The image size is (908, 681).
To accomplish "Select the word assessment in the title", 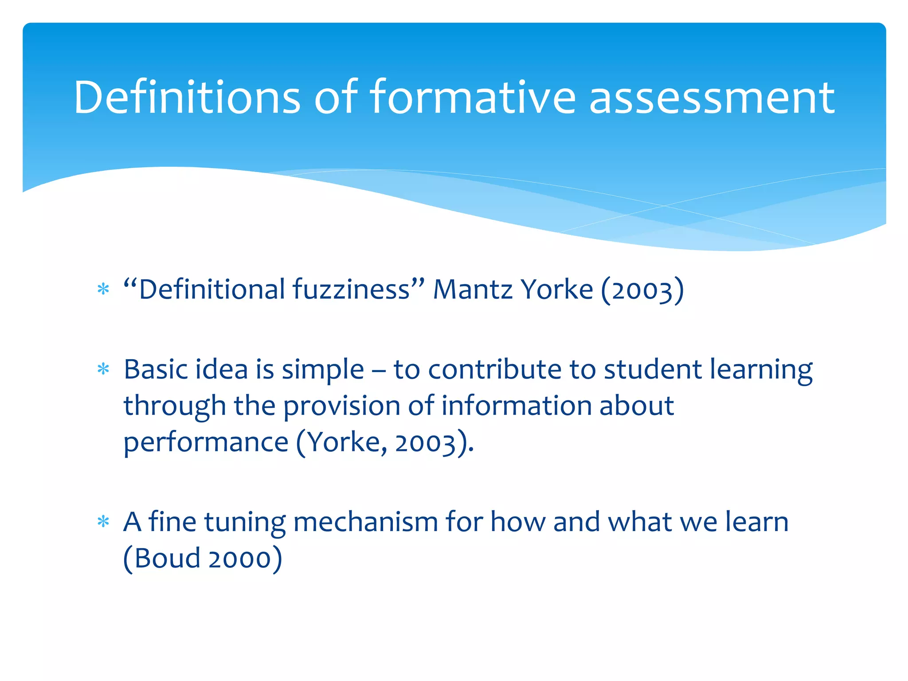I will pos(712,97).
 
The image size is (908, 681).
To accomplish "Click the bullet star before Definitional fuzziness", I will pos(103,290).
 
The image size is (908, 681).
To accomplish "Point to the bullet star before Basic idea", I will pos(103,369).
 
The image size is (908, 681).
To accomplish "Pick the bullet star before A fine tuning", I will pos(103,522).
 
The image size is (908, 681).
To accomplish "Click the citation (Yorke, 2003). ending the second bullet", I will pos(385,443).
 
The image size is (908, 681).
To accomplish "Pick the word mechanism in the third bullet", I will pos(366,522).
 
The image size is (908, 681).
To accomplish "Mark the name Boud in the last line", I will pos(167,558).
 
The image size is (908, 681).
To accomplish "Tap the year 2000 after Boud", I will pos(240,559).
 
